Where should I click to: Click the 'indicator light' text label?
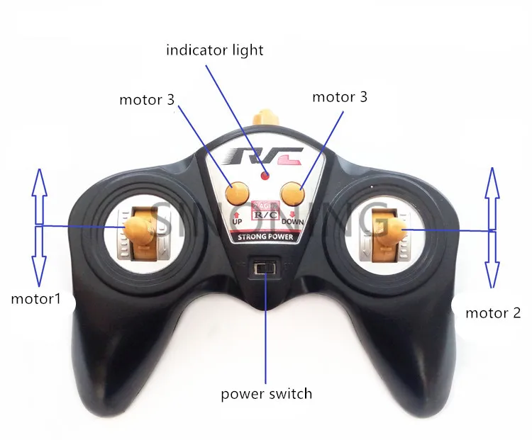coord(214,50)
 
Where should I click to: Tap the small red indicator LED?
coord(265,175)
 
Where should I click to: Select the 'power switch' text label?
coord(266,393)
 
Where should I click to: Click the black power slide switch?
coord(266,268)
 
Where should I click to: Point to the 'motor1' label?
coord(35,299)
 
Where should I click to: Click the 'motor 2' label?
coord(493,312)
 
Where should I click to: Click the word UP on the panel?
coord(238,222)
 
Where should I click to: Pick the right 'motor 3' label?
coord(340,97)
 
